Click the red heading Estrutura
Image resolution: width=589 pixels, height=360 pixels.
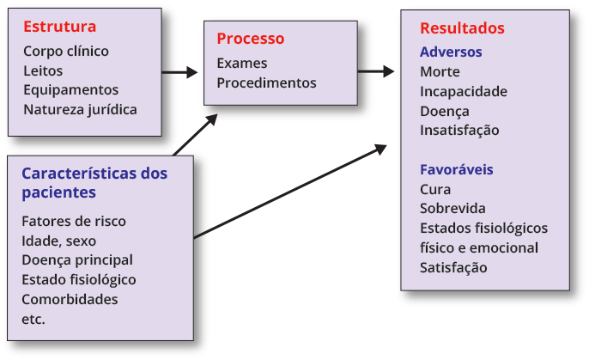click(59, 27)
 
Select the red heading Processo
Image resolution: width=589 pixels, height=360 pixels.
click(250, 39)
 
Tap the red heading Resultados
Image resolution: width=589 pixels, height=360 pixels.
click(462, 28)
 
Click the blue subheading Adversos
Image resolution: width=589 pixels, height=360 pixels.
click(451, 52)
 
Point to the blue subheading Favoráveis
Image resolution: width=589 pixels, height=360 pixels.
click(456, 169)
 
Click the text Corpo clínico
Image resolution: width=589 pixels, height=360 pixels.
click(66, 51)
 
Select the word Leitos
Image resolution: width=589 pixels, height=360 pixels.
click(43, 70)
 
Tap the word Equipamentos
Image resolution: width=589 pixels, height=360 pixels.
click(70, 90)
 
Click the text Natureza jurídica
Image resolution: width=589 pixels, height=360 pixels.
click(80, 109)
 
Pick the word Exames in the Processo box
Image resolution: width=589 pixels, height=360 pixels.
click(241, 64)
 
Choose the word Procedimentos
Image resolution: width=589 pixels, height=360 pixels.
click(266, 83)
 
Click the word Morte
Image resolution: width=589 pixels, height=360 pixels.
click(440, 72)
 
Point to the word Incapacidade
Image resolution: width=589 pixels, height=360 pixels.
click(464, 91)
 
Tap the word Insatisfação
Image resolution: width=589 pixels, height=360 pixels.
click(459, 131)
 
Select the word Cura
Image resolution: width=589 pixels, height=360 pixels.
click(435, 189)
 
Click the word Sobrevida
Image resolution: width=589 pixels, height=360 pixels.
click(452, 209)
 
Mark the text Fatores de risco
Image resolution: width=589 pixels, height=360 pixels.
click(74, 221)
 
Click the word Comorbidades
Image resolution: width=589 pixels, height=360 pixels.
click(70, 300)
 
